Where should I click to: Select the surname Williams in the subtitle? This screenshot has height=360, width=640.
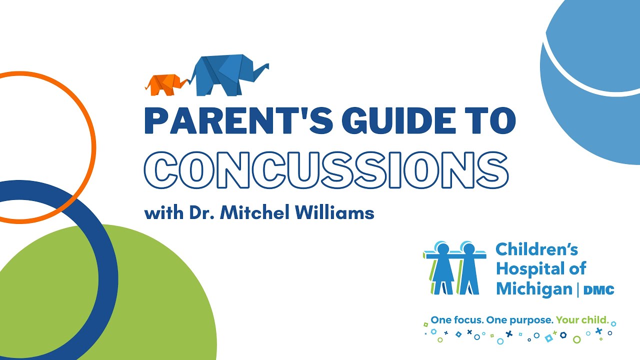click(x=340, y=212)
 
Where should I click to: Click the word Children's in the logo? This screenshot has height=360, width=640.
click(x=536, y=249)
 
